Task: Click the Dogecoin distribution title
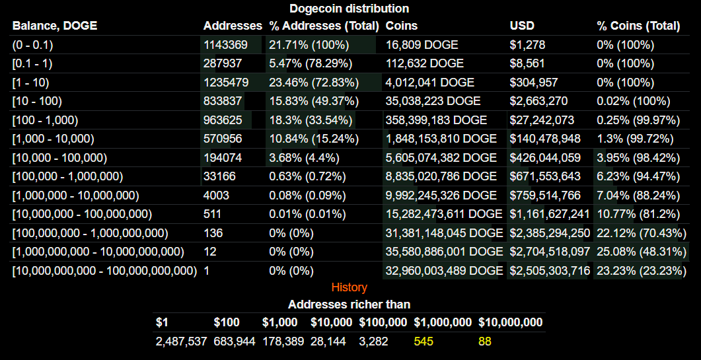(x=349, y=9)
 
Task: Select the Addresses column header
(x=233, y=26)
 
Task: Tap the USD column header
(x=522, y=26)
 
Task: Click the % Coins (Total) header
(x=638, y=26)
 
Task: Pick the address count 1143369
(x=225, y=45)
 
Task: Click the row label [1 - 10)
(x=30, y=83)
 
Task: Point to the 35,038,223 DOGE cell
(x=433, y=101)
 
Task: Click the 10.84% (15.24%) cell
(x=314, y=139)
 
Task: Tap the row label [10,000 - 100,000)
(x=59, y=158)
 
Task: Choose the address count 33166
(x=219, y=176)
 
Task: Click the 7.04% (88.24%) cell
(x=638, y=196)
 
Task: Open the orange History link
(x=349, y=287)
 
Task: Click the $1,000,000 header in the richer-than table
(x=443, y=322)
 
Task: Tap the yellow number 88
(x=484, y=342)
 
